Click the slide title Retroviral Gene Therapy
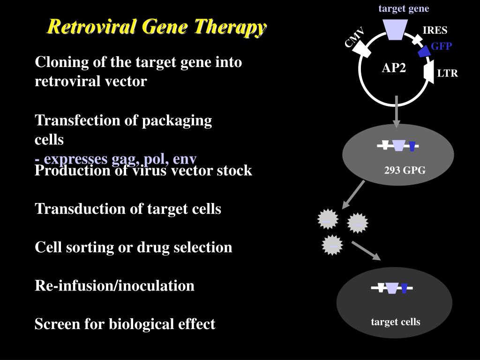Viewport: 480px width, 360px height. (157, 27)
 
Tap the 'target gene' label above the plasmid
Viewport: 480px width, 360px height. (404, 8)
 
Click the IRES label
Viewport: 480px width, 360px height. (435, 30)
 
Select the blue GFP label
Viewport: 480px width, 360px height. (441, 46)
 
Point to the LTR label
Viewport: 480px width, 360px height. (447, 74)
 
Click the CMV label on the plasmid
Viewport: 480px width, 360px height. (354, 37)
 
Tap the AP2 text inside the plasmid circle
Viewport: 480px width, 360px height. (394, 68)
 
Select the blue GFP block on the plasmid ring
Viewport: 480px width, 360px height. (425, 51)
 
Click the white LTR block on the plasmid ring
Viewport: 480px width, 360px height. (428, 73)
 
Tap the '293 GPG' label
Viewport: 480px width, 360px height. (405, 171)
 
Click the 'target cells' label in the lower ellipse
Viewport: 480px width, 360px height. (396, 322)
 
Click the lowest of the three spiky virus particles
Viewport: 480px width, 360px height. (333, 245)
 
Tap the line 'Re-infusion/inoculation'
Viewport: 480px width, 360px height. (114, 285)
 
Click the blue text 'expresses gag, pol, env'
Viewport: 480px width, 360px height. (120, 158)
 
